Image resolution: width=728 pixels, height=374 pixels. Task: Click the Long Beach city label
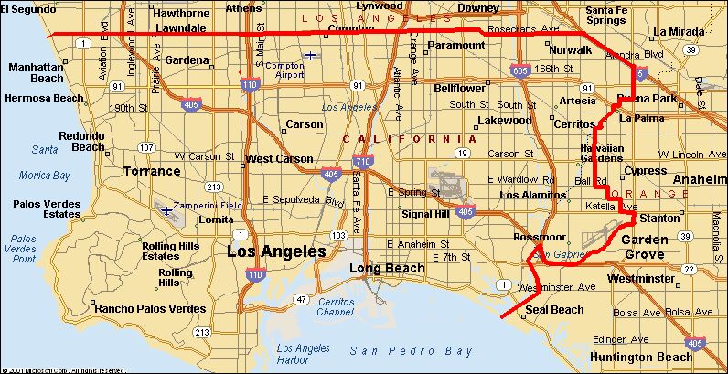tap(387, 268)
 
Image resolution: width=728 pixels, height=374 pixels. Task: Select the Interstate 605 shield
tap(520, 69)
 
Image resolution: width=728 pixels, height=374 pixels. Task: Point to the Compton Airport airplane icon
tap(313, 55)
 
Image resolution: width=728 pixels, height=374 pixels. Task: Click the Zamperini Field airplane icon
tap(167, 209)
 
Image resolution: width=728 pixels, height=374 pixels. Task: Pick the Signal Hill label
tap(427, 214)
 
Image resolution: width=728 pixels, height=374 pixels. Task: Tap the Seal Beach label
tap(553, 309)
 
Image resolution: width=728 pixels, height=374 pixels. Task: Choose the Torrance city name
tap(153, 171)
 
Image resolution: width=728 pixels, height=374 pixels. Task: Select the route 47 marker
tap(300, 299)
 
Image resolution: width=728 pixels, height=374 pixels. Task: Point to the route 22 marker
tap(689, 269)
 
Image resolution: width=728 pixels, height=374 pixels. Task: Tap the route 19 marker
tap(464, 153)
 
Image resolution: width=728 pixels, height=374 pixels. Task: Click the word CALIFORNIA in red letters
tap(399, 139)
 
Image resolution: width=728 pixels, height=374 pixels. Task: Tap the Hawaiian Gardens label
tap(601, 154)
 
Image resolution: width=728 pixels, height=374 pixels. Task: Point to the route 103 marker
tap(337, 235)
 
